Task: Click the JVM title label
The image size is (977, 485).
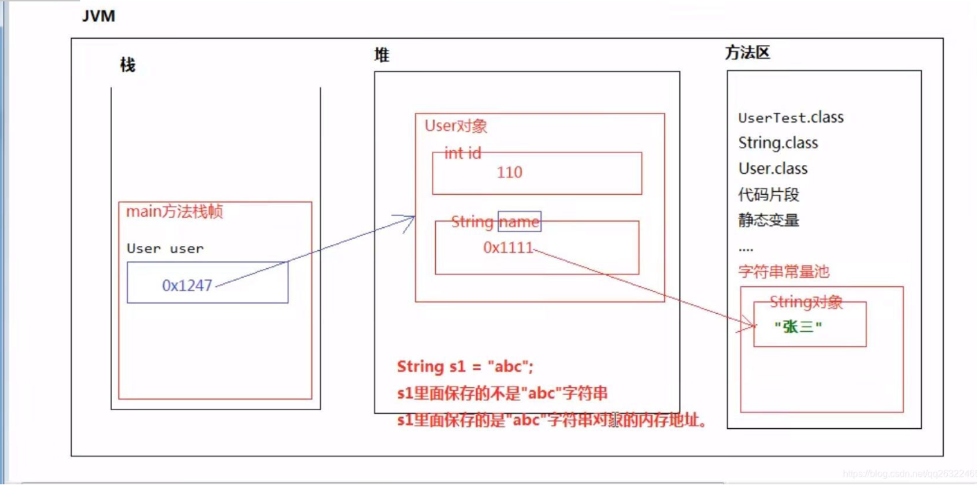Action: [98, 17]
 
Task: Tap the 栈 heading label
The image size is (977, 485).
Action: [127, 66]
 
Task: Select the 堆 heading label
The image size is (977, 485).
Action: [382, 55]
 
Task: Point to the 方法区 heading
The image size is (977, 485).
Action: [747, 53]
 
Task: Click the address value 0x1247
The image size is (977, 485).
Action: [187, 285]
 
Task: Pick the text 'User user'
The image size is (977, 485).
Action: [165, 249]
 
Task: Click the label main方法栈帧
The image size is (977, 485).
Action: [174, 212]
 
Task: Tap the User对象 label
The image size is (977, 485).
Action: [456, 126]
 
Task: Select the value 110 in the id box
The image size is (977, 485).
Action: [509, 173]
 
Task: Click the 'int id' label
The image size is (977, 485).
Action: [462, 153]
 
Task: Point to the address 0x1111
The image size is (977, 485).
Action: [509, 248]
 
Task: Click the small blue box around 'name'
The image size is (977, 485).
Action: [520, 221]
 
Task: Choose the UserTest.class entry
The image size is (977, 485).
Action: [791, 118]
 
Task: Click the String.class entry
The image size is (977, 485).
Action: [778, 143]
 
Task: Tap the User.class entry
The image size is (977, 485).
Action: [772, 169]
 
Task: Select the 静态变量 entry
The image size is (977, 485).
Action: [769, 221]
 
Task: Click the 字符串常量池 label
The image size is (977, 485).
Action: [783, 272]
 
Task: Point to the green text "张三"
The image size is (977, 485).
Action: [798, 327]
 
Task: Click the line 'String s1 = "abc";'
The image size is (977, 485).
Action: [465, 367]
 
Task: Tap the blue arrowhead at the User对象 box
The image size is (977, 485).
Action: [409, 220]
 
